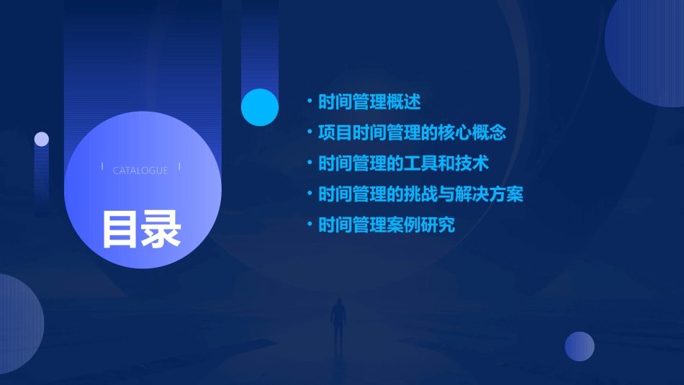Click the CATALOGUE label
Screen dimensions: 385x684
pos(140,171)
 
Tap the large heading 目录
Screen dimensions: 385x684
pos(141,229)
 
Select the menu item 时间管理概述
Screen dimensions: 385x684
pos(369,101)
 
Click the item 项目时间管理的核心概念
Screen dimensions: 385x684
pos(413,132)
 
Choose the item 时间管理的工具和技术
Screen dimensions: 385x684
pos(403,163)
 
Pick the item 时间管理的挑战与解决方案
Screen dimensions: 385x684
pos(420,194)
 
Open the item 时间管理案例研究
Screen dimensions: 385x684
pos(387,225)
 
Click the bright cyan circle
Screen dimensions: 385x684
pos(260,107)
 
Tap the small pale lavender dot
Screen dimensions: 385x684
pos(42,139)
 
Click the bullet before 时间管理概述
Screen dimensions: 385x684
pos(309,101)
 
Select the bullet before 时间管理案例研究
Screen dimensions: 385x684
pos(309,225)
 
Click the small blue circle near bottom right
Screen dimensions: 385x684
pos(580,346)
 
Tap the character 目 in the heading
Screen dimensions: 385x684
pos(120,229)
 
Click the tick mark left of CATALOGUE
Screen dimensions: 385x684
pos(102,167)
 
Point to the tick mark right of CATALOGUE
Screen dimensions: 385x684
pos(179,167)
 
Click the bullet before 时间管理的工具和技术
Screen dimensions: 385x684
pos(309,163)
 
